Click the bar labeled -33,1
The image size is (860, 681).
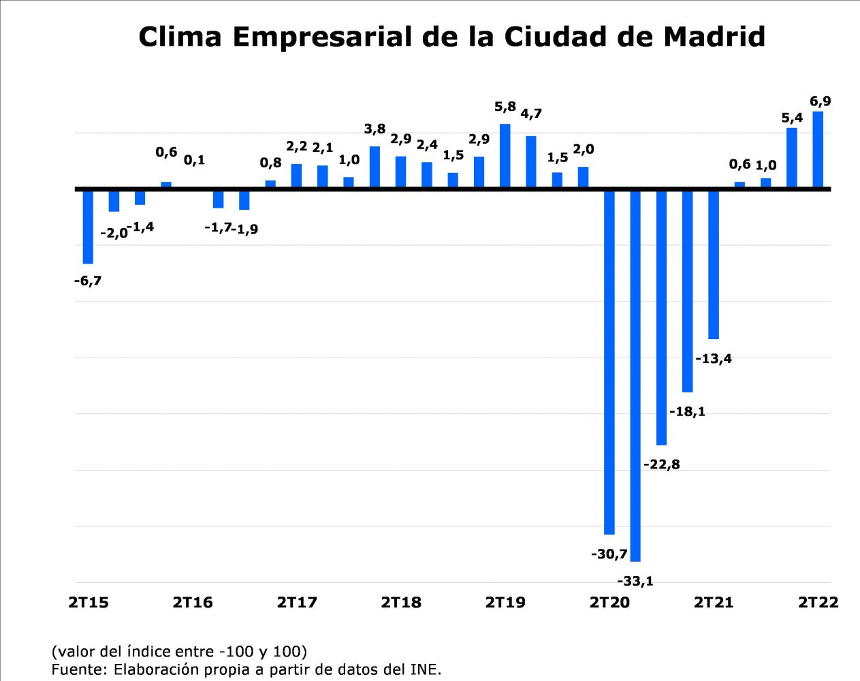pos(635,375)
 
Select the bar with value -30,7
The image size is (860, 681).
pos(609,361)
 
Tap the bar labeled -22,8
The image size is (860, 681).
pos(661,317)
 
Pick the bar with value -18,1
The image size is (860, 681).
pos(687,291)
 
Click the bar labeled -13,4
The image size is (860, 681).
pos(714,264)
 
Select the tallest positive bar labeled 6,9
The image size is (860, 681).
pos(818,148)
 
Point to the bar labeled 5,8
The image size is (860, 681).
pos(505,155)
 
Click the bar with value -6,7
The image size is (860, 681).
pos(88,226)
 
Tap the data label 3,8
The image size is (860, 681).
pos(375,129)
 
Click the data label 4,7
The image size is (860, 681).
pos(531,114)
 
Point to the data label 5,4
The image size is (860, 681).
pos(792,118)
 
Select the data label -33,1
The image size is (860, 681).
pos(635,581)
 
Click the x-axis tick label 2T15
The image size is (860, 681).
pos(89,603)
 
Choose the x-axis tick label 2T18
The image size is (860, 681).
pos(401,603)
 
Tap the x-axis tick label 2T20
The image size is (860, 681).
pos(609,603)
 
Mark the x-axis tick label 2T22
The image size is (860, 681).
pos(818,603)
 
